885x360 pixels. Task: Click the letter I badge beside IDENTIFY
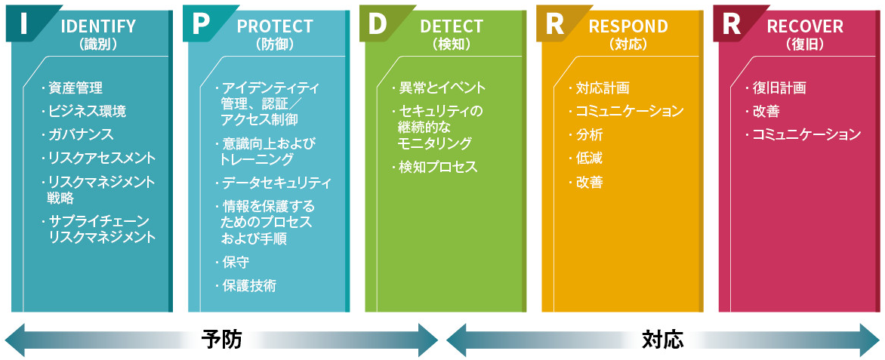pyautogui.click(x=23, y=23)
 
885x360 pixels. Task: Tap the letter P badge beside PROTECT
pyautogui.click(x=200, y=23)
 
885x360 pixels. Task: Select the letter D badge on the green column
pyautogui.click(x=377, y=23)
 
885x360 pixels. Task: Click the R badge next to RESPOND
pyautogui.click(x=554, y=23)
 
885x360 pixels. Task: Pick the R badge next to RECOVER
pyautogui.click(x=730, y=23)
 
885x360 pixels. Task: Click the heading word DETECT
pyautogui.click(x=452, y=26)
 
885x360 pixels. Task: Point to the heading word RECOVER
pyautogui.click(x=805, y=26)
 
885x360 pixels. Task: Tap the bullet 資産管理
pyautogui.click(x=75, y=88)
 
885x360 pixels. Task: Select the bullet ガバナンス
pyautogui.click(x=80, y=135)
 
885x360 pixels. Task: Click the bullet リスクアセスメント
pyautogui.click(x=101, y=158)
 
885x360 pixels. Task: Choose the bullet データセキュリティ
pyautogui.click(x=276, y=183)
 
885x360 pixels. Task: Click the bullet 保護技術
pyautogui.click(x=248, y=285)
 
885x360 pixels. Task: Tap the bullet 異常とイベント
pyautogui.click(x=442, y=88)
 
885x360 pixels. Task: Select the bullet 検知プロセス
pyautogui.click(x=438, y=168)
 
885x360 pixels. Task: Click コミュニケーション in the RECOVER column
pyautogui.click(x=806, y=135)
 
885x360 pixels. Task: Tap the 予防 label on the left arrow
pyautogui.click(x=222, y=340)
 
